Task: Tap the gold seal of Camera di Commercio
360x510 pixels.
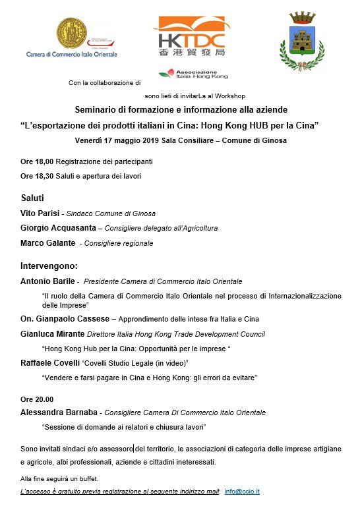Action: [x=71, y=32]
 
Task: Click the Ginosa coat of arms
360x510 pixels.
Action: [x=303, y=41]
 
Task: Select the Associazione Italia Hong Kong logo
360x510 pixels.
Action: [x=189, y=74]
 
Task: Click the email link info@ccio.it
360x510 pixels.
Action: [x=243, y=492]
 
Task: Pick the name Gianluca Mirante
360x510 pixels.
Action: [x=55, y=333]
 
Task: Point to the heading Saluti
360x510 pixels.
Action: [x=32, y=198]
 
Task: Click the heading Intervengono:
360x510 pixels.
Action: [x=49, y=266]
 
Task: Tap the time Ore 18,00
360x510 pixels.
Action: [x=36, y=161]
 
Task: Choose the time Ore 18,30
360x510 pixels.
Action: [x=36, y=176]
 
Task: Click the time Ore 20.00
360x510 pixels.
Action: [x=37, y=399]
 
